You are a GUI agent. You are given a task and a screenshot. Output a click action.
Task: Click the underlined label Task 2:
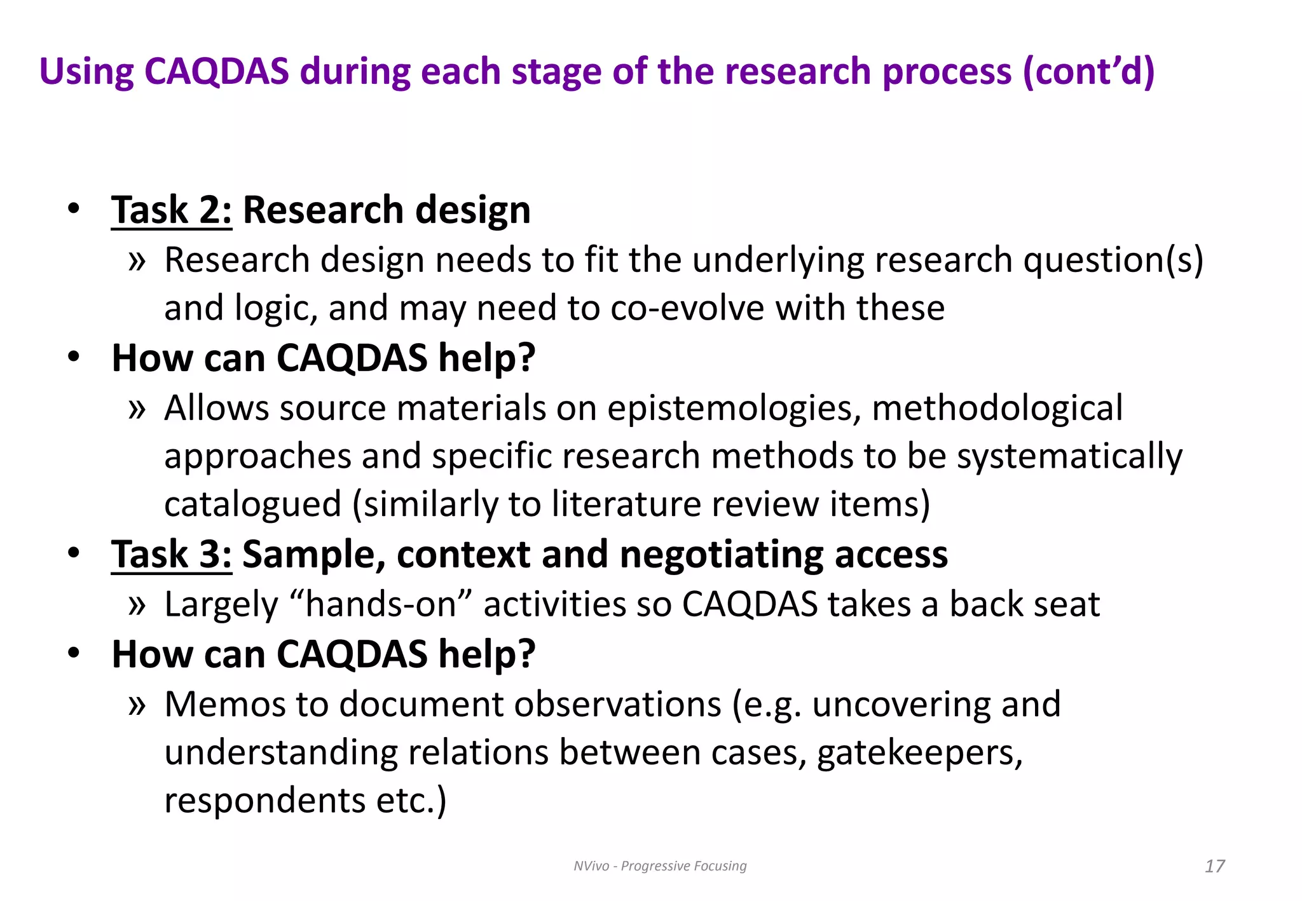tap(172, 210)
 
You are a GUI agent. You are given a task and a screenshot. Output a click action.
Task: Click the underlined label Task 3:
tap(172, 555)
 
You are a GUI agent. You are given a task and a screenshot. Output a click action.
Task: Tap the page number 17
tap(1214, 866)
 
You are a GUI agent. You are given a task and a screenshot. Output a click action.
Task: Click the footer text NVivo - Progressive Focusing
tap(660, 866)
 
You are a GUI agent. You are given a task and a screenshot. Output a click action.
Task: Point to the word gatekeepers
tap(919, 754)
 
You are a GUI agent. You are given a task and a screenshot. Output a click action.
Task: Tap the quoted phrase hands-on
tap(381, 604)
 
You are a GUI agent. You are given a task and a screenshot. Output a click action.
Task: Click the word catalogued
tap(253, 505)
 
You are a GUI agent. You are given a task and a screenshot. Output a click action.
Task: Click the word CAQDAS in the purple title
tap(217, 71)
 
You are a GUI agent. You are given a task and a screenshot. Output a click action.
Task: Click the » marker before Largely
tap(137, 605)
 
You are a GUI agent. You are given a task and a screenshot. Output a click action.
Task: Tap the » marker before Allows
tap(137, 409)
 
